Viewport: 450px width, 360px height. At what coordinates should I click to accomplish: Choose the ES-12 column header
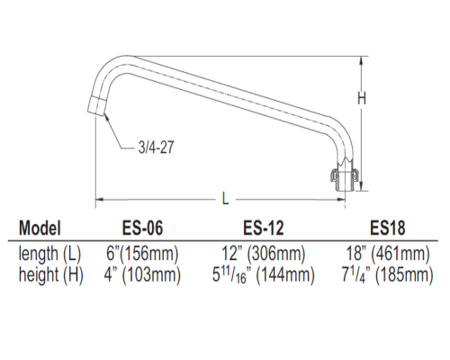click(x=265, y=228)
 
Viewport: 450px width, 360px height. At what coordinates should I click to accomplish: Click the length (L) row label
click(x=50, y=254)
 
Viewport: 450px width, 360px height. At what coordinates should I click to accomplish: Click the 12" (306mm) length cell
click(x=265, y=254)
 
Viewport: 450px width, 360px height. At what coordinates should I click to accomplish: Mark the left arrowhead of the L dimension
click(x=100, y=198)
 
